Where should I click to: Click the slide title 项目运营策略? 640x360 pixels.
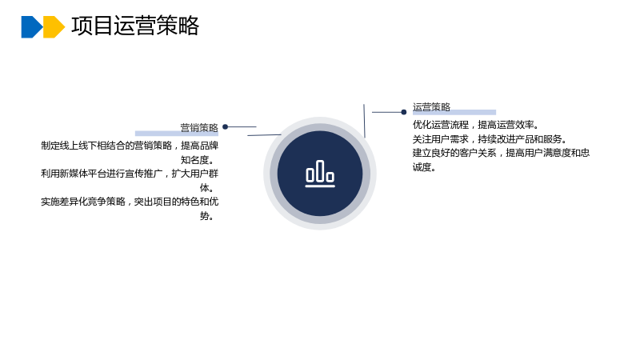135,26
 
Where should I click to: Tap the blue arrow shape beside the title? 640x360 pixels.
31,27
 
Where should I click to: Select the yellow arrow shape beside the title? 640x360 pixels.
54,27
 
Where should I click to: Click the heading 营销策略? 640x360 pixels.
199,128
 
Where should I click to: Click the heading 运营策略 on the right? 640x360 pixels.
431,107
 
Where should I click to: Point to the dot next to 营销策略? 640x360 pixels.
225,127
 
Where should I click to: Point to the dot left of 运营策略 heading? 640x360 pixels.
404,112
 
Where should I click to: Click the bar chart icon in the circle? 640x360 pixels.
320,174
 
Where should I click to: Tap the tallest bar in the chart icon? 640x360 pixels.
320,170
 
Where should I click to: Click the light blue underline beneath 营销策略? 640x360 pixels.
177,134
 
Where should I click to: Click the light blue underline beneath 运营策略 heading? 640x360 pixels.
454,112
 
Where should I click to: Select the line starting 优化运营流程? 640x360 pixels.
476,125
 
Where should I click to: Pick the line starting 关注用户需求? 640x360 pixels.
490,139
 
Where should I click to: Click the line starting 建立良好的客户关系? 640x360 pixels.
502,153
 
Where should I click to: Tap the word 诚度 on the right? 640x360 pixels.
422,167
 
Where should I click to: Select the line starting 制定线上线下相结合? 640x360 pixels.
130,146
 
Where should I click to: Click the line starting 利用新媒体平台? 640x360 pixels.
130,174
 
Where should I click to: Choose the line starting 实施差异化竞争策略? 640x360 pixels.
130,202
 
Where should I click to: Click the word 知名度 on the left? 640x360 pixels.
195,160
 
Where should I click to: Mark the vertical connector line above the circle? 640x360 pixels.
364,121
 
